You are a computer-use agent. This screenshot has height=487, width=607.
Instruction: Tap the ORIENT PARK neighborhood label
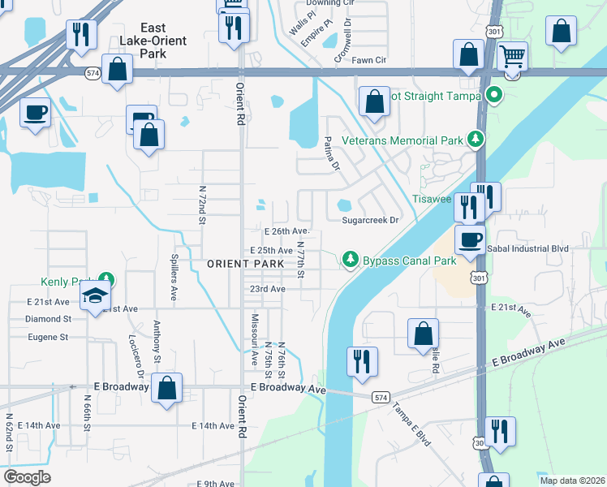[x=245, y=264]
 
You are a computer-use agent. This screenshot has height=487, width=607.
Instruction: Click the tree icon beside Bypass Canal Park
[x=350, y=260]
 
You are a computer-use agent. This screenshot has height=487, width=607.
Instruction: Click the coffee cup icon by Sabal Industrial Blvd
[x=470, y=240]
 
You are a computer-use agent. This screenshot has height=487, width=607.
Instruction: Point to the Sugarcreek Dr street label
[x=371, y=220]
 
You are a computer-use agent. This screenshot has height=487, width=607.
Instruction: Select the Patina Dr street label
[x=331, y=154]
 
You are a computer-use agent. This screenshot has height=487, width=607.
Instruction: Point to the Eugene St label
[x=48, y=336]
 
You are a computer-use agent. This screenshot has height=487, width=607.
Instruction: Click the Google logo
[x=27, y=477]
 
